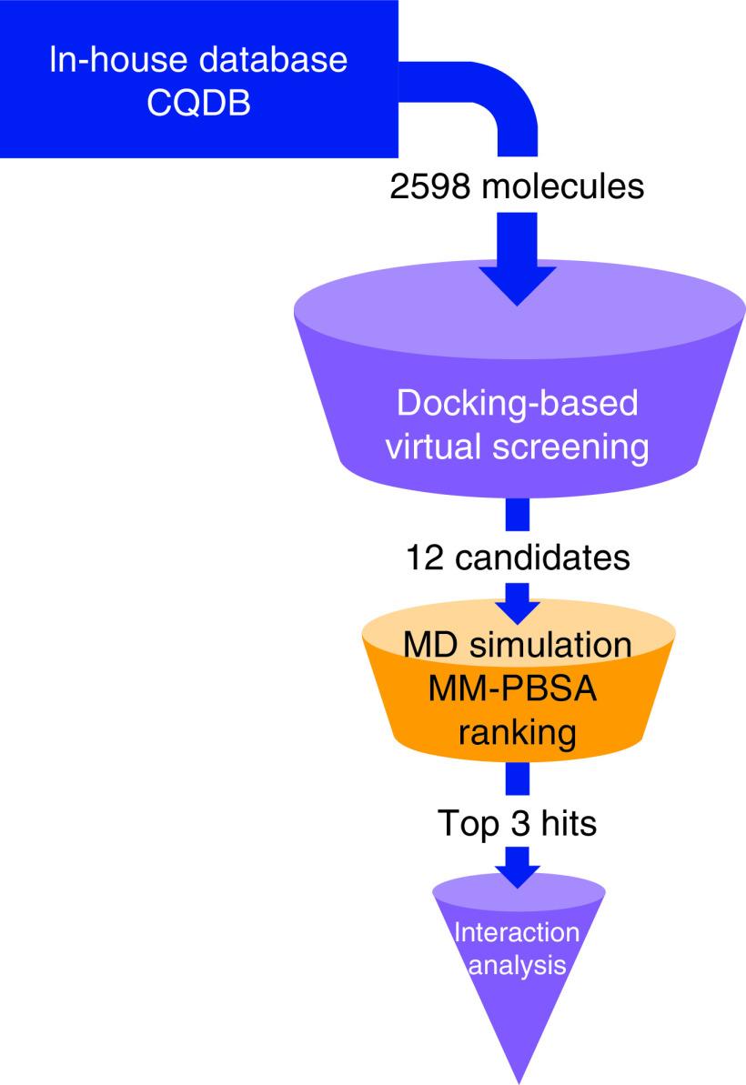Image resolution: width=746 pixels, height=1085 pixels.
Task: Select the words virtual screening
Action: (x=517, y=447)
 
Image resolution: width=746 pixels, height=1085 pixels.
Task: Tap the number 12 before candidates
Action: (x=423, y=557)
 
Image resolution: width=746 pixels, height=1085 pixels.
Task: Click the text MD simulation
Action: (x=517, y=647)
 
